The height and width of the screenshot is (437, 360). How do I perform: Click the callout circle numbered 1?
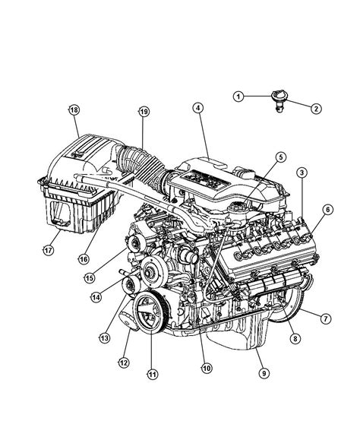click(x=238, y=97)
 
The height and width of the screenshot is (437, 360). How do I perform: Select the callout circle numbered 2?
click(x=316, y=109)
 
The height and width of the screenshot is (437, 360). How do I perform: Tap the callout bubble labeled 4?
click(x=197, y=109)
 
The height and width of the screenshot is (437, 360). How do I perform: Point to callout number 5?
click(x=281, y=157)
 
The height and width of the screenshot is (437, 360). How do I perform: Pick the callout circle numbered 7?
click(x=326, y=318)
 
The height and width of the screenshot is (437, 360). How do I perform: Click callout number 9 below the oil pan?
click(x=264, y=373)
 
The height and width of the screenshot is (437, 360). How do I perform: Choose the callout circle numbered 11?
click(x=152, y=374)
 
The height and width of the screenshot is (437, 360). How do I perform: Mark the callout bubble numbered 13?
click(x=104, y=338)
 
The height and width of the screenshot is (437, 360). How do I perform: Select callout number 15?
click(x=90, y=278)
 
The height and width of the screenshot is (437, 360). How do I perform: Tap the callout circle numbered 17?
click(x=48, y=250)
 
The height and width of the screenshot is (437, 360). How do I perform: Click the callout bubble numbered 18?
click(x=74, y=109)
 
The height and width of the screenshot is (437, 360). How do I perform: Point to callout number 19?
click(x=144, y=112)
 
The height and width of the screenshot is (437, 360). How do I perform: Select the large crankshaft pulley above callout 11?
click(x=149, y=312)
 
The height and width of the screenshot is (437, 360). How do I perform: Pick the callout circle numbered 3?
click(x=302, y=173)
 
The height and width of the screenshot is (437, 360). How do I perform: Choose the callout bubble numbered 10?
click(x=207, y=368)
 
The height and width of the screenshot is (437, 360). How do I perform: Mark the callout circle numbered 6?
click(x=327, y=209)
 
